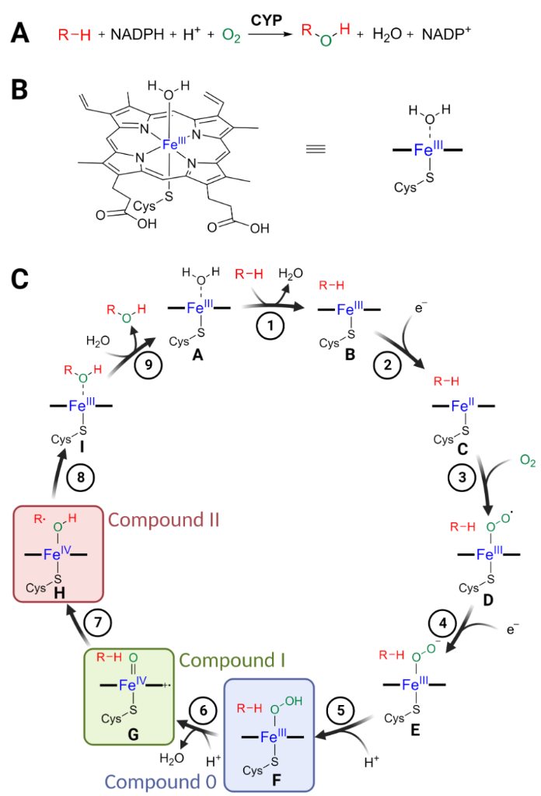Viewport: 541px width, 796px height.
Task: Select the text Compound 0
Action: pos(159,780)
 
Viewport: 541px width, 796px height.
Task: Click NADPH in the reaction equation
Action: pos(136,34)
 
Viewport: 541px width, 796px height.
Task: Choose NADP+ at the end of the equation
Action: pos(448,34)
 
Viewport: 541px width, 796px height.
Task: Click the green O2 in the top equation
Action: pos(231,36)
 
